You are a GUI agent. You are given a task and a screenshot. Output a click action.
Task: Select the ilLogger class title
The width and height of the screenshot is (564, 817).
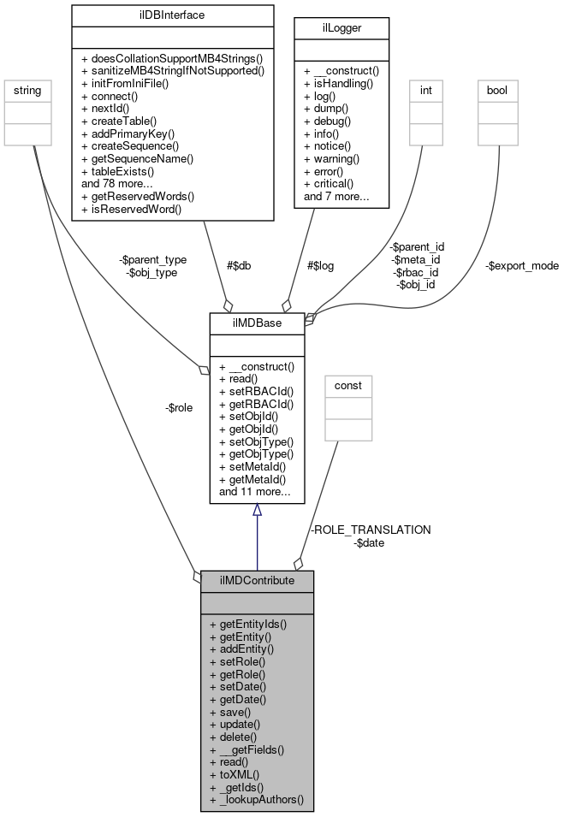341,27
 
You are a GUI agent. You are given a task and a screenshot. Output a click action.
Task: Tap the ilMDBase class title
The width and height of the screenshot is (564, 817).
257,323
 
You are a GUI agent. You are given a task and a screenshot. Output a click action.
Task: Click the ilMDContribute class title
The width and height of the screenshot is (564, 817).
257,580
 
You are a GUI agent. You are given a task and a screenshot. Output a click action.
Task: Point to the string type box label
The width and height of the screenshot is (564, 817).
23,90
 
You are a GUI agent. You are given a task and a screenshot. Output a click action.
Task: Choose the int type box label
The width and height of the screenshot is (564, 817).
426,90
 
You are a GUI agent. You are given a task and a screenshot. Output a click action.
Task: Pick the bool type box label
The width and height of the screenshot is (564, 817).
497,90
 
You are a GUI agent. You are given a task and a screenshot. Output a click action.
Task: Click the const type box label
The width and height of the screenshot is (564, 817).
347,385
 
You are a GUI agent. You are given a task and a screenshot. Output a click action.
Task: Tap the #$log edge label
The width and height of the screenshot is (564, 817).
319,266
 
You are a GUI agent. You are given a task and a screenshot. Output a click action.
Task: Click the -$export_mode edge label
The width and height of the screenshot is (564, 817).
522,266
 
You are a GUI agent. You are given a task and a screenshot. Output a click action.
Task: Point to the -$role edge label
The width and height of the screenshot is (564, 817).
178,407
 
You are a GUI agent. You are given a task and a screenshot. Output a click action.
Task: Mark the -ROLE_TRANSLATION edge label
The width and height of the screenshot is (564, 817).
371,530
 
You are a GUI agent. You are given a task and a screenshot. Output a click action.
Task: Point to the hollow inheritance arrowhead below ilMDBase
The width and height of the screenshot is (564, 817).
257,510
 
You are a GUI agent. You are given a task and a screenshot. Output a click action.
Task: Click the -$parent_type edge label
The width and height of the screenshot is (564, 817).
154,259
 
